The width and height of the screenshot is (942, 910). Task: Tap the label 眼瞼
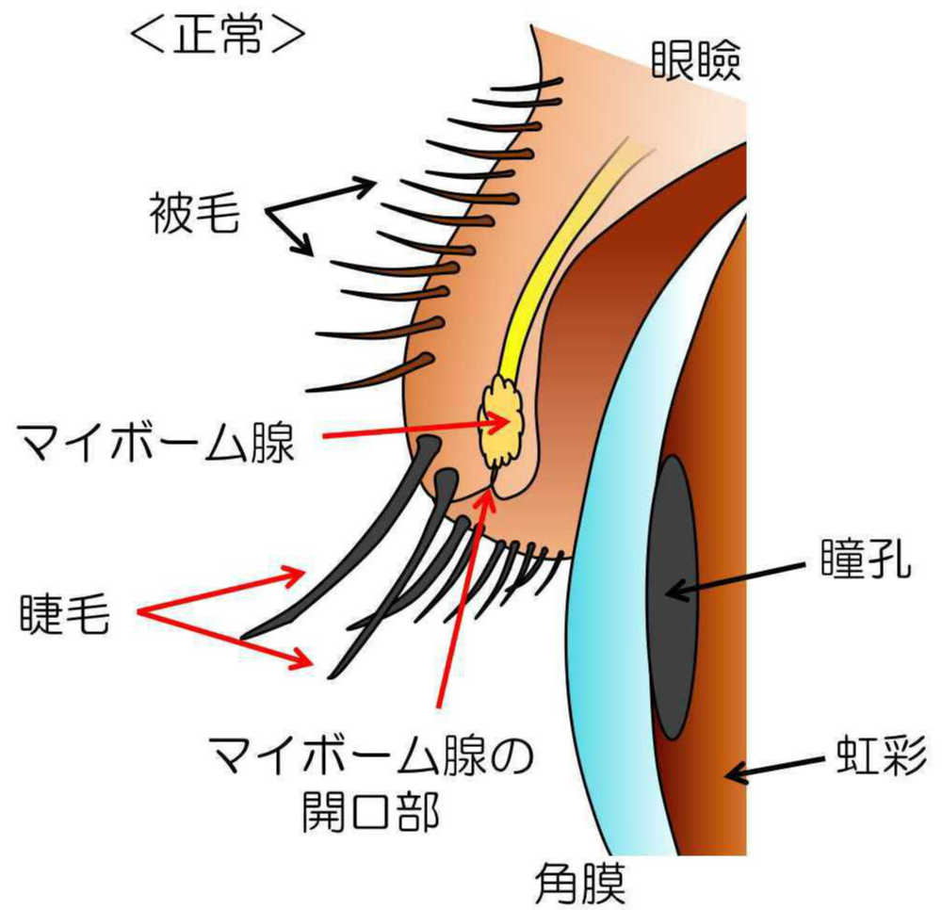[x=696, y=62]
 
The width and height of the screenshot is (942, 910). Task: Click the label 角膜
[x=578, y=882]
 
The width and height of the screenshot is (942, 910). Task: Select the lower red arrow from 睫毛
[x=226, y=638]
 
